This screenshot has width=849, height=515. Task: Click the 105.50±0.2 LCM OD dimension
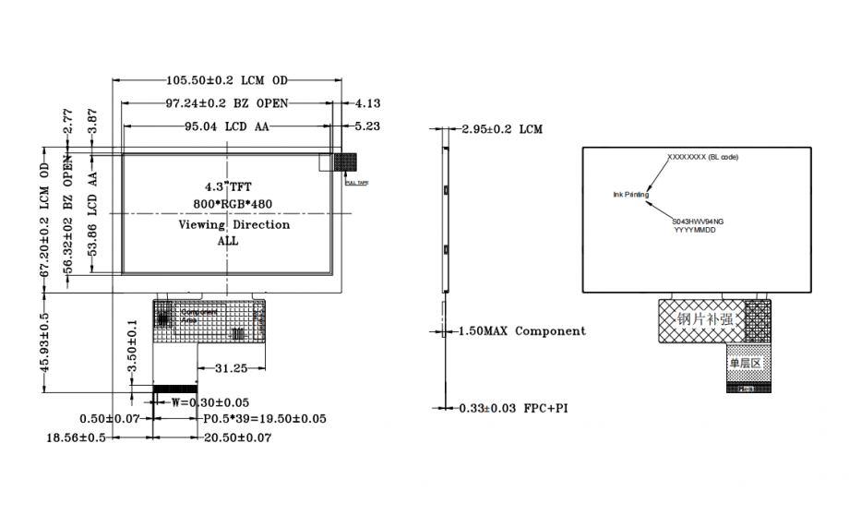click(226, 80)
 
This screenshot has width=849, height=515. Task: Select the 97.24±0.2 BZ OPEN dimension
click(227, 102)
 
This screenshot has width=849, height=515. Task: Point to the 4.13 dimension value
click(367, 103)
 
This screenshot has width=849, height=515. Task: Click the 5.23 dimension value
click(367, 126)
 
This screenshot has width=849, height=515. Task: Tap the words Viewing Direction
click(233, 224)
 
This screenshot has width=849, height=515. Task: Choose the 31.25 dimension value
click(230, 368)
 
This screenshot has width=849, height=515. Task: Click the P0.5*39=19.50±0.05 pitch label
click(264, 419)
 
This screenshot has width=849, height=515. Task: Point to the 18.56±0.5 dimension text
click(77, 437)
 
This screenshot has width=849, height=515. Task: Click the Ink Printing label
click(631, 195)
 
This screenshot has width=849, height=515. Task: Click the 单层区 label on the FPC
click(746, 363)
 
